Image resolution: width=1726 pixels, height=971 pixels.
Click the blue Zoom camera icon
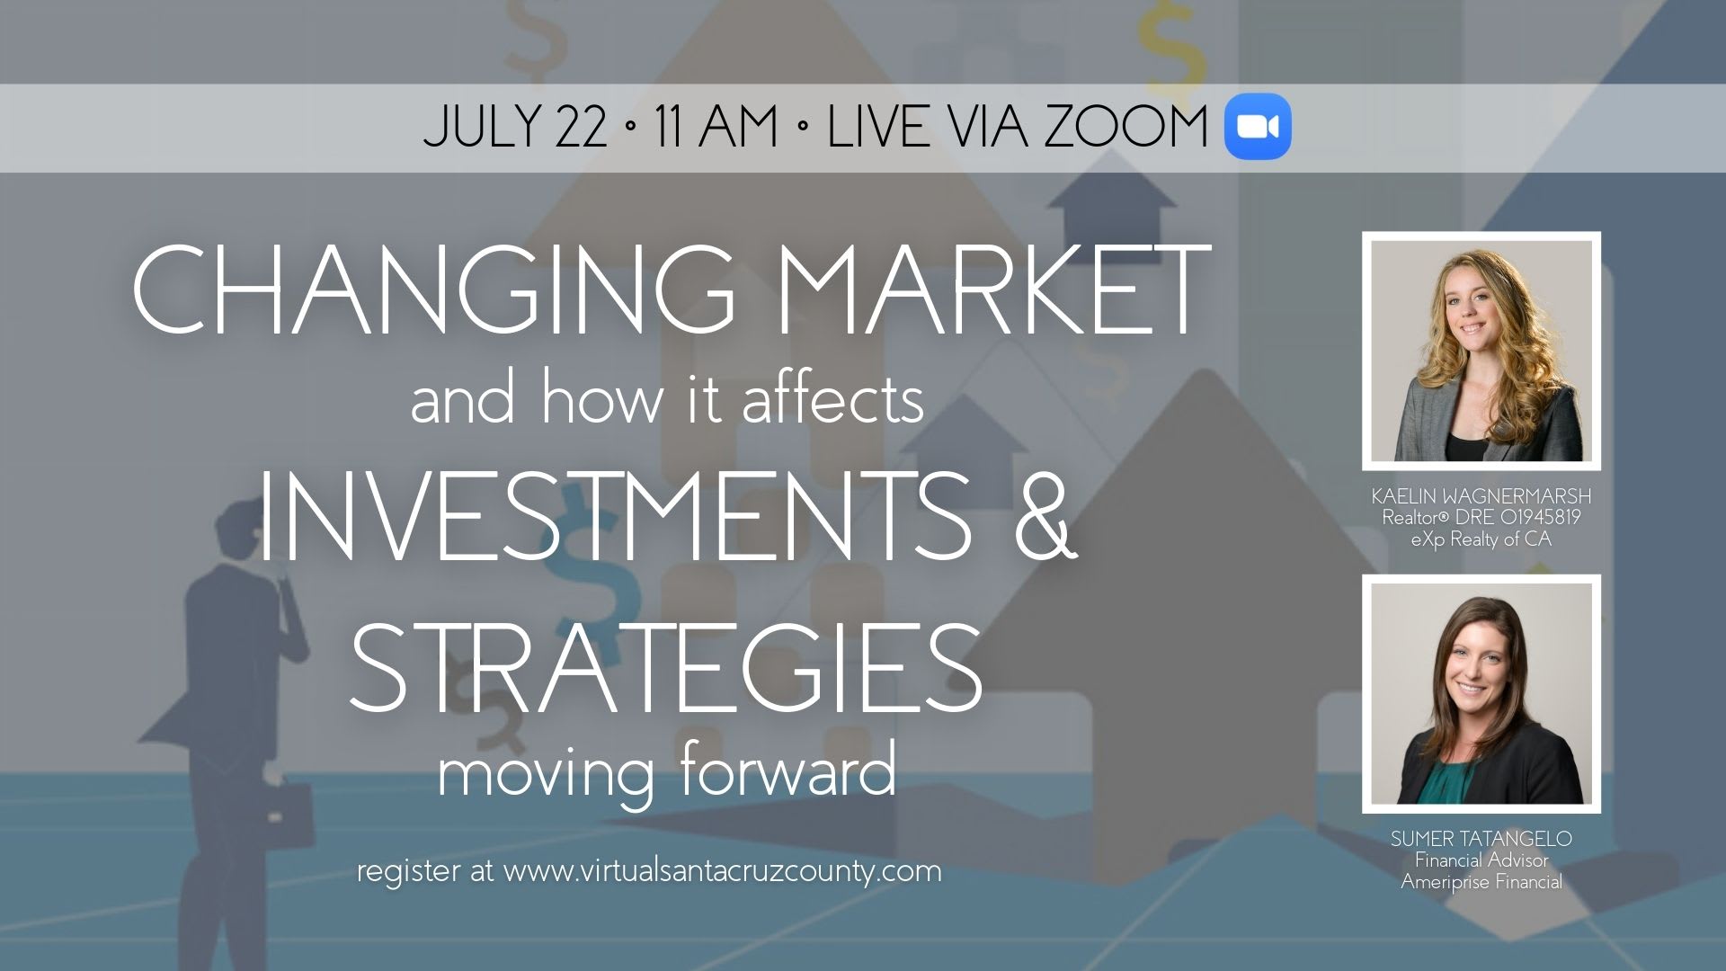coord(1258,127)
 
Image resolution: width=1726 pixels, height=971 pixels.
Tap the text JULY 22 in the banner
coord(515,127)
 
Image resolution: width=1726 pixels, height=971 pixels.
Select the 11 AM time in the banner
coord(716,127)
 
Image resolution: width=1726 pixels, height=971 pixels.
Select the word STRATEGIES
coord(666,667)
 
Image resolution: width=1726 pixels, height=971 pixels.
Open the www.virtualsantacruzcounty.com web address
coord(722,871)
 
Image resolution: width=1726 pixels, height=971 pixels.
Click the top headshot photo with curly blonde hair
coord(1481,351)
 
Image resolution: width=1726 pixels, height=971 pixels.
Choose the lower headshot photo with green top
coord(1481,694)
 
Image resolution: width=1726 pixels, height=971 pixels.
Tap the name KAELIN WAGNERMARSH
coord(1481,496)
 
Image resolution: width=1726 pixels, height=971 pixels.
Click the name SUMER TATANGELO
coord(1481,839)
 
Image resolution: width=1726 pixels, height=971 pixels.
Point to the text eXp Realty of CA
coord(1481,539)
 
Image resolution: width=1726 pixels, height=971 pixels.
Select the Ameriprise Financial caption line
coord(1481,882)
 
